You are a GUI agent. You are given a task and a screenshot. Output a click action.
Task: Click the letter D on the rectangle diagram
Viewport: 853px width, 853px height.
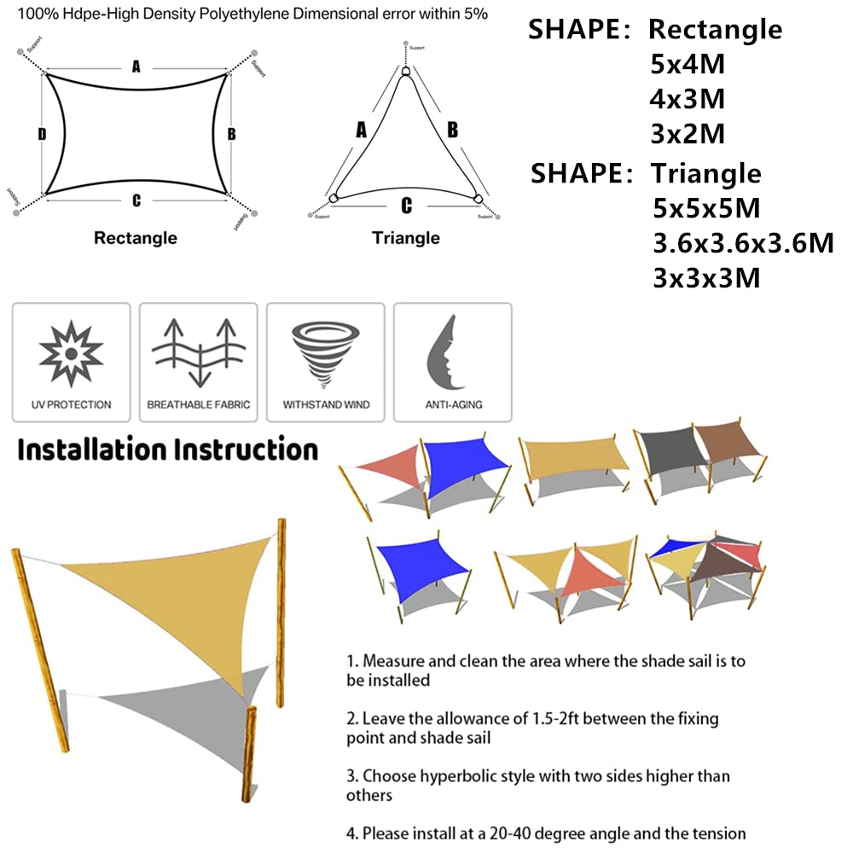(x=41, y=134)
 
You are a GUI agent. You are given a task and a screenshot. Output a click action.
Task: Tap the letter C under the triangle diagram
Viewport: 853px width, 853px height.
(x=406, y=206)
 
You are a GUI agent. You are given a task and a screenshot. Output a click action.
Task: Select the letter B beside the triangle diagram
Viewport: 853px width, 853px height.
(x=453, y=130)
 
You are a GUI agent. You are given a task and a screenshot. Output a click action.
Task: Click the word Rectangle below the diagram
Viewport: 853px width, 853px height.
(x=136, y=238)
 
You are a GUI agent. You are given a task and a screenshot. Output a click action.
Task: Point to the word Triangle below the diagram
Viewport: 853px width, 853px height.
(x=406, y=238)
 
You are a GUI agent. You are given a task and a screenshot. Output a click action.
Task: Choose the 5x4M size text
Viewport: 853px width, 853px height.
(x=688, y=64)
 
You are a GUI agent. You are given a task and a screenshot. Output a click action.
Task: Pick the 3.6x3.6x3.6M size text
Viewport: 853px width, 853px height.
(x=742, y=243)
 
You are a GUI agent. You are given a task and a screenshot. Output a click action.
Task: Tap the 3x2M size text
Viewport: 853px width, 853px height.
(x=688, y=134)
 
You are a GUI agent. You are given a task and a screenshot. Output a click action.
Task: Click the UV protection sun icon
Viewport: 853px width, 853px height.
(x=72, y=351)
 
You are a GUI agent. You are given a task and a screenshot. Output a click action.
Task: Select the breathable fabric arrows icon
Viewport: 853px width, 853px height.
(x=198, y=351)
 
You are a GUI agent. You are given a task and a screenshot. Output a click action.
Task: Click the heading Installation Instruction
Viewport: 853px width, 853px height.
(x=168, y=450)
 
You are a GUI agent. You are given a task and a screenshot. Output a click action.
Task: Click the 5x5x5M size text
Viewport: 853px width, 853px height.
(x=705, y=208)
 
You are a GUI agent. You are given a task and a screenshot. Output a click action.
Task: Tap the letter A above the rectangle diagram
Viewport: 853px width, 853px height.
(x=136, y=67)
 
